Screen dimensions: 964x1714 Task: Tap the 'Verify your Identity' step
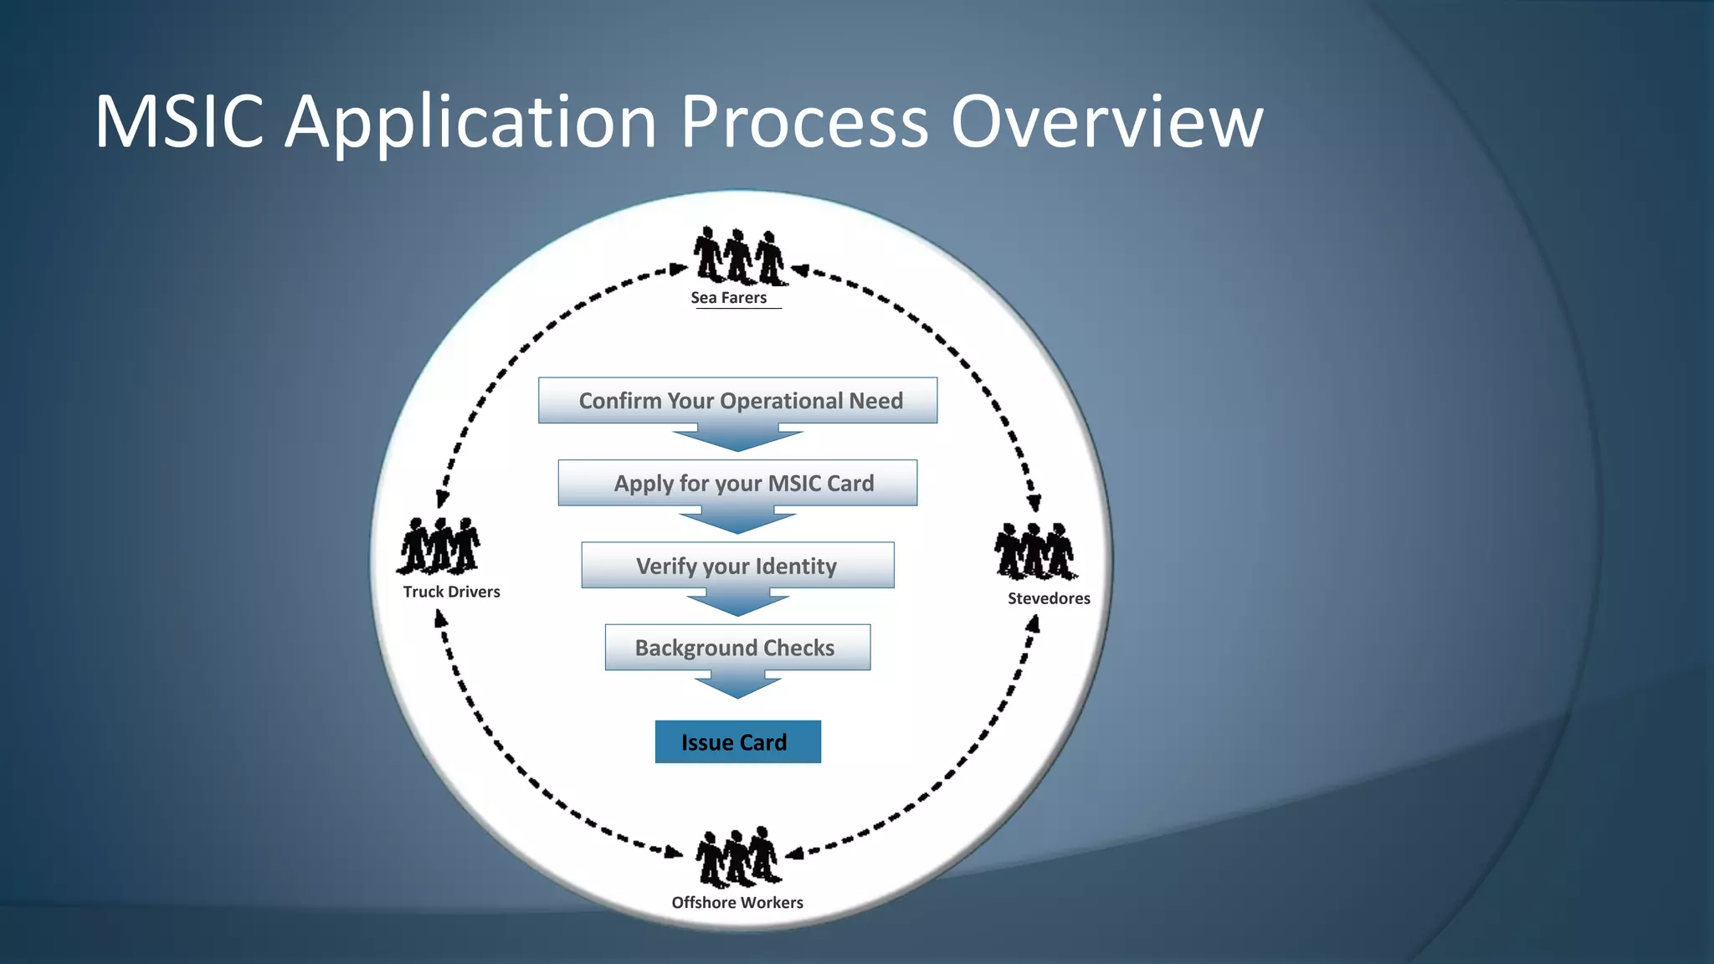737,566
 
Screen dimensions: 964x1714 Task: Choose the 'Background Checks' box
737,648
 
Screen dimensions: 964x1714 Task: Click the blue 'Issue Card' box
737,742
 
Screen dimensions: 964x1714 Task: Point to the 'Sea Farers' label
729,298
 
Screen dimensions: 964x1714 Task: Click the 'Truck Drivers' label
451,592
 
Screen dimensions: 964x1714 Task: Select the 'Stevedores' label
1049,598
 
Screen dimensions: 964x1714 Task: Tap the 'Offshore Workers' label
737,902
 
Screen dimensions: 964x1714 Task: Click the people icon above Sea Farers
739,256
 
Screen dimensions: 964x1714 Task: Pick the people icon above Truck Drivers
439,546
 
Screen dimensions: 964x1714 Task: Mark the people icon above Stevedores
1035,551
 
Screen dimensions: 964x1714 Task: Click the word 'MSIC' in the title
179,122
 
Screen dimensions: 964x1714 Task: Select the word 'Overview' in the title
1106,122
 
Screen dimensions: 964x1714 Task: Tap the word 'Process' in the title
803,122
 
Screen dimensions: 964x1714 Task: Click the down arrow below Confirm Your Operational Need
737,438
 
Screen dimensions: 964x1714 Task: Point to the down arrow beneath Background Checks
737,685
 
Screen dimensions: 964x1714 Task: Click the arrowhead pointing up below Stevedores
1034,623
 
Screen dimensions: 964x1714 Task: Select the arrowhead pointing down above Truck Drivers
442,500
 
